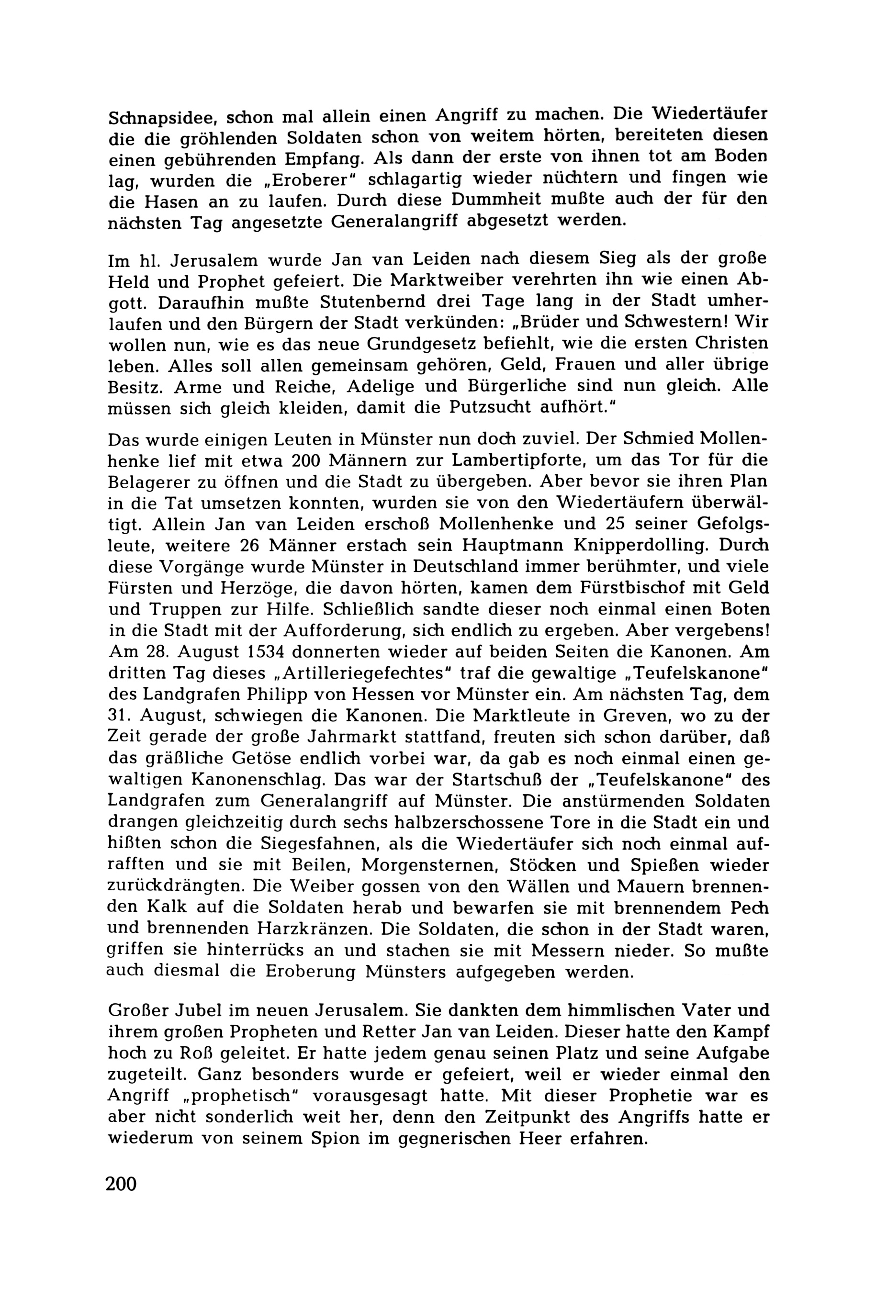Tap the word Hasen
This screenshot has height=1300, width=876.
[x=167, y=201]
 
